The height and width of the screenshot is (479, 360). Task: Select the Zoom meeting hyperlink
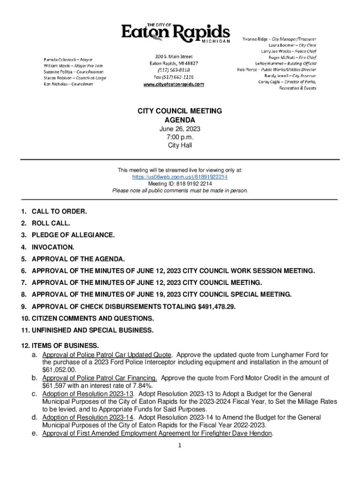180,177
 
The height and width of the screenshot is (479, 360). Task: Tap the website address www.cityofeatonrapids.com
173,84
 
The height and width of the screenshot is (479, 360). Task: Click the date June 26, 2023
180,129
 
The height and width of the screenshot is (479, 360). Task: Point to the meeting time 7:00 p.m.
180,137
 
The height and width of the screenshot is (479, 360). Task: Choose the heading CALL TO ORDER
59,211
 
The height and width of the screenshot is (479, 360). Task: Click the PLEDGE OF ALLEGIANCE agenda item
72,235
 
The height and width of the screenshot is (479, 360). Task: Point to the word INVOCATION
53,247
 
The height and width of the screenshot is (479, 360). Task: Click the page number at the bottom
180,445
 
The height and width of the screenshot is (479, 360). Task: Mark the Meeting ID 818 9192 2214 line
180,184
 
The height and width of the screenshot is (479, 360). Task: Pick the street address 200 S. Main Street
174,56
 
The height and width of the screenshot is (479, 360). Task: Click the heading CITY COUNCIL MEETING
180,111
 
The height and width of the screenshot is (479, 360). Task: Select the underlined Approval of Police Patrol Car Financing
100,378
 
